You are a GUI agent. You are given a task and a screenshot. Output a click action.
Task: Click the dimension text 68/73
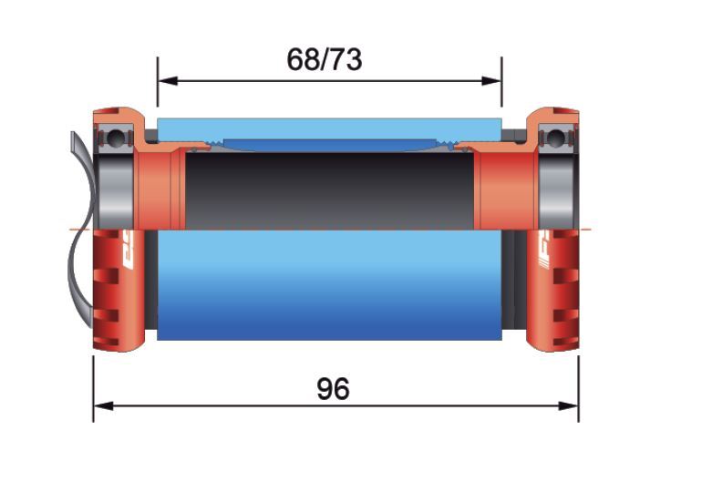click(x=324, y=60)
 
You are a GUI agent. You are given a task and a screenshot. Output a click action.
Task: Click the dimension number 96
click(x=333, y=389)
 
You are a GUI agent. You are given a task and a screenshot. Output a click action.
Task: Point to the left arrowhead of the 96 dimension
click(x=101, y=404)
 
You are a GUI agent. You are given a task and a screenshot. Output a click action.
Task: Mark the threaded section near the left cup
click(x=216, y=142)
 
